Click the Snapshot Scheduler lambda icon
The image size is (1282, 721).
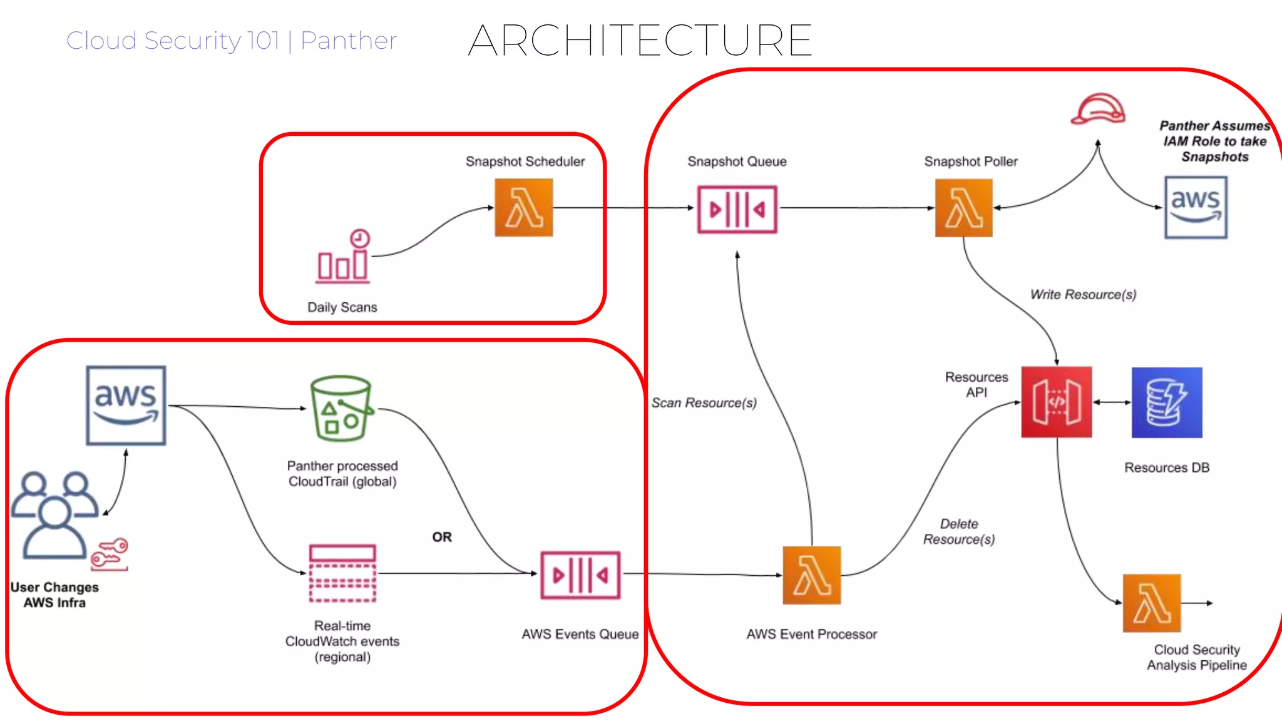point(524,208)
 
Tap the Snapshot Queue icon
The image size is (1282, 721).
point(737,209)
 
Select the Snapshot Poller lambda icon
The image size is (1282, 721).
point(963,208)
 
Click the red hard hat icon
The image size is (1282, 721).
point(1098,110)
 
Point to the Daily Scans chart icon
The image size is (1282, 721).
point(343,257)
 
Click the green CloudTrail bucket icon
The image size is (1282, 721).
point(342,409)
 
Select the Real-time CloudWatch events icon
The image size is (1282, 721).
point(342,573)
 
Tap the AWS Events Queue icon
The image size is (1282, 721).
point(580,575)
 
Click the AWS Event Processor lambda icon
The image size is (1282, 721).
point(812,575)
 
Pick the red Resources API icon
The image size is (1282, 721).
point(1057,402)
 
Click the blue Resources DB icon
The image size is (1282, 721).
point(1167,402)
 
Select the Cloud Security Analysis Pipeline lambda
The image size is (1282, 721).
point(1152,603)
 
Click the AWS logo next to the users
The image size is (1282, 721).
point(126,406)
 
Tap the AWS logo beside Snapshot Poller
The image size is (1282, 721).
point(1196,207)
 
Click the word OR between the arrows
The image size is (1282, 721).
point(442,537)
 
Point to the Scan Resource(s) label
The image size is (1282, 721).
point(704,403)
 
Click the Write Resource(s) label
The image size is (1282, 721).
point(1083,294)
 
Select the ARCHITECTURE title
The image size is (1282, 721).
point(640,41)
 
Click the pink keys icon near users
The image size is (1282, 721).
point(110,555)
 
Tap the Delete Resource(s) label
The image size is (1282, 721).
point(959,531)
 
